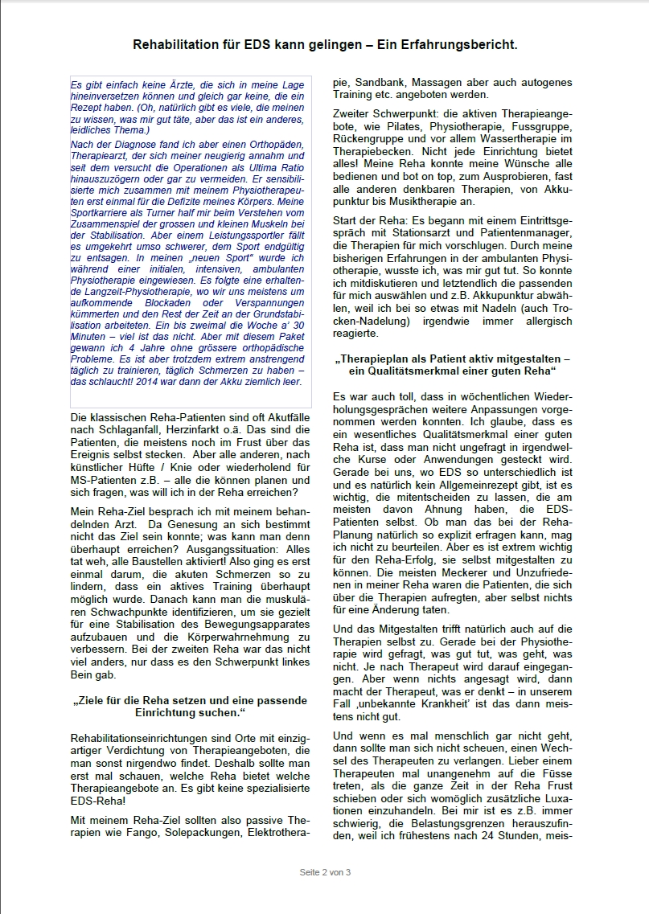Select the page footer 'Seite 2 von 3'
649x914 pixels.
click(x=324, y=872)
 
